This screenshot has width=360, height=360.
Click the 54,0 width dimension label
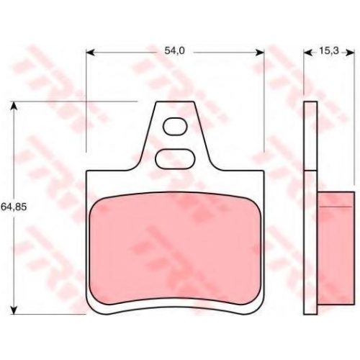click(174, 50)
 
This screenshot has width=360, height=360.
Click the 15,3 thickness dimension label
click(328, 50)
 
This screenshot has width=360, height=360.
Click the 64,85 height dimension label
click(14, 207)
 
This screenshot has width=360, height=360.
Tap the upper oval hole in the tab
click(175, 127)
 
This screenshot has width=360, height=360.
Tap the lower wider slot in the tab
click(175, 158)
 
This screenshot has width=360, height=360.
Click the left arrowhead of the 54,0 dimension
click(91, 53)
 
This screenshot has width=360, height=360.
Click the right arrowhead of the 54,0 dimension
click(260, 53)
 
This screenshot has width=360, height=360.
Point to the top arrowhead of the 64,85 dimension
click(14, 106)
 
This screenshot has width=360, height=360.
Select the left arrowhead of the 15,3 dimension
click(307, 53)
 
